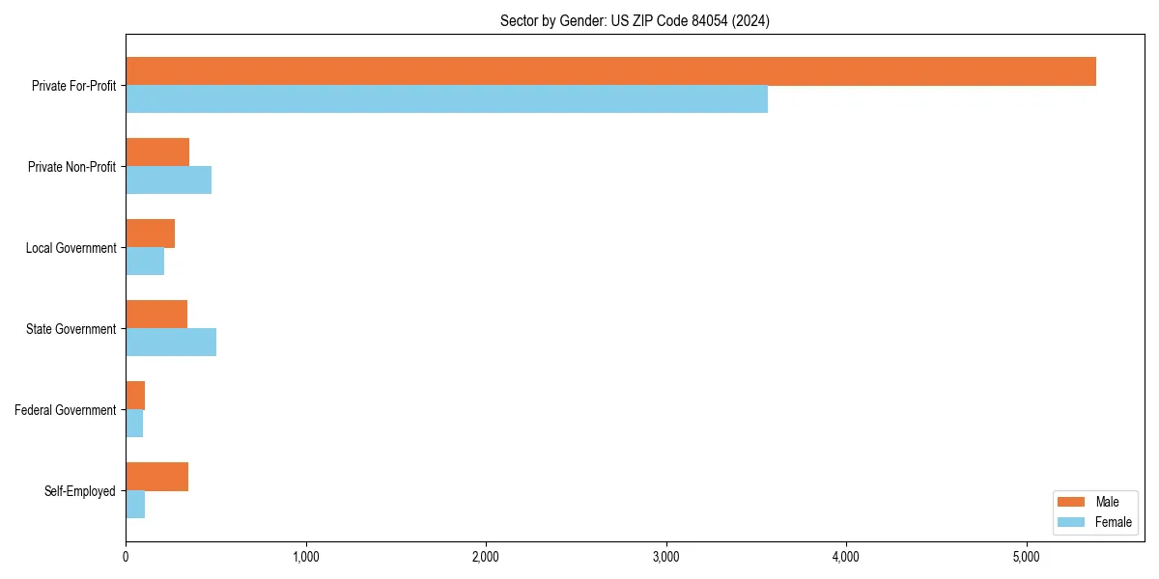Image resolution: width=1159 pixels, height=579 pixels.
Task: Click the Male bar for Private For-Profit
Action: tap(610, 71)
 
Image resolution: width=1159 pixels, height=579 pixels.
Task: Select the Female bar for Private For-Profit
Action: tap(446, 99)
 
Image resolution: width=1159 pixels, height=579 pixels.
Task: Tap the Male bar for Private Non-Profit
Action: tap(157, 152)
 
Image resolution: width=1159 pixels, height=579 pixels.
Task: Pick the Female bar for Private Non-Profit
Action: tap(168, 180)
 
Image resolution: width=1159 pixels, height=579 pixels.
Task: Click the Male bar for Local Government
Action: tap(150, 234)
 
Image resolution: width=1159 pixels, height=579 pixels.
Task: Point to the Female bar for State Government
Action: tap(171, 343)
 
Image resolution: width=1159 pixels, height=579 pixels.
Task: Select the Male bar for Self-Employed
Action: tap(156, 477)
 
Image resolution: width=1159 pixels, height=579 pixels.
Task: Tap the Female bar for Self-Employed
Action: tap(135, 505)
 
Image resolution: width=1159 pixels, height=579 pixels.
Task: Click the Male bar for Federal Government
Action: tap(135, 396)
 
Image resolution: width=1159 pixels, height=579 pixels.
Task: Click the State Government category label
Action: tap(71, 329)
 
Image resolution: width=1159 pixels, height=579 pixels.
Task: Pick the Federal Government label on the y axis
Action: tap(66, 410)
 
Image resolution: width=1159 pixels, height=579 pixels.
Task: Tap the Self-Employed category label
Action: tap(80, 491)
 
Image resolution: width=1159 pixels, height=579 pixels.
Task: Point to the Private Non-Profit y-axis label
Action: tap(71, 167)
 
